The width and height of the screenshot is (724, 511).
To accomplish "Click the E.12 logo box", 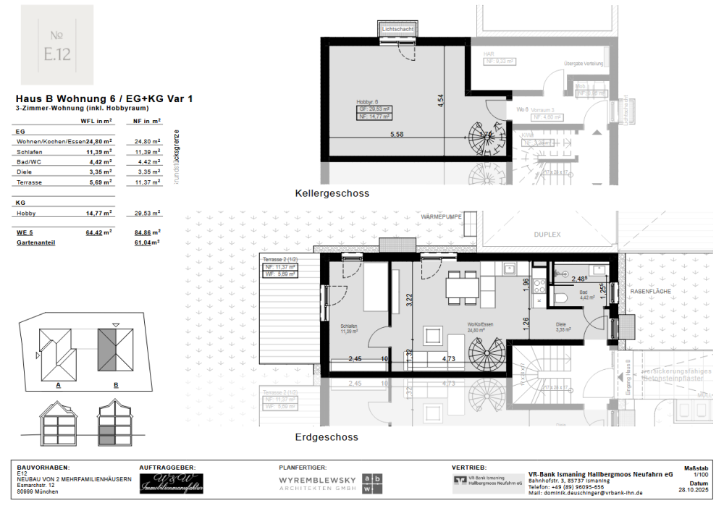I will click(56, 45).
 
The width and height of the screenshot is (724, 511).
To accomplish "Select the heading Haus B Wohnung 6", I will click(104, 98).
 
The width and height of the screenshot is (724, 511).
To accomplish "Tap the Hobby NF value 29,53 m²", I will click(147, 214).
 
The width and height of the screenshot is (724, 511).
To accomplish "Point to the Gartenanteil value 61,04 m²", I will click(147, 243).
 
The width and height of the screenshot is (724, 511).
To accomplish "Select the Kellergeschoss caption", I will click(332, 194).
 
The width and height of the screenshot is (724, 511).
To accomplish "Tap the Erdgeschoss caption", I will click(327, 437).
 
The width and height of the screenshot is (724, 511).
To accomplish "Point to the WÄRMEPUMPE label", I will click(441, 216).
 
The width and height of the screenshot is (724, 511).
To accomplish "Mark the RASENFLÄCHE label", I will click(650, 292).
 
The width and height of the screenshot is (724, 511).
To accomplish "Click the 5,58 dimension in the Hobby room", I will click(397, 135).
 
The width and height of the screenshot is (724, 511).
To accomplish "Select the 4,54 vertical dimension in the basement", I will click(439, 101).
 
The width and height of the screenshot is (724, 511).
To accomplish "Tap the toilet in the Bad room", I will click(559, 297).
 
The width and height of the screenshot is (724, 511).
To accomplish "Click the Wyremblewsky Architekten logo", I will click(331, 483).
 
